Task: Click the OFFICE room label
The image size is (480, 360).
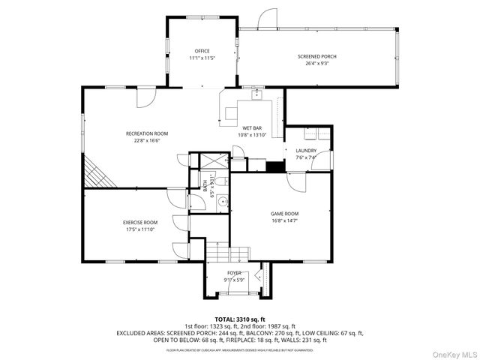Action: (x=202, y=51)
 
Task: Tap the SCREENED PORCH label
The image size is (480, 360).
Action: (x=317, y=56)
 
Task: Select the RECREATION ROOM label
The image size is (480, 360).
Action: (x=147, y=133)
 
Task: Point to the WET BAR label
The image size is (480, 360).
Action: (x=251, y=128)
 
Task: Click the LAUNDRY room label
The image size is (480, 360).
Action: (x=306, y=151)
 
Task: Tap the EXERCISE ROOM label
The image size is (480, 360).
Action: (x=140, y=223)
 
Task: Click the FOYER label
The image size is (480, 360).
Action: (x=235, y=273)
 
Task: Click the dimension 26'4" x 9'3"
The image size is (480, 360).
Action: (x=317, y=64)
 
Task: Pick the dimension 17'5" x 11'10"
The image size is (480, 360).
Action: (x=140, y=229)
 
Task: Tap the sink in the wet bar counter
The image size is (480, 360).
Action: (x=256, y=95)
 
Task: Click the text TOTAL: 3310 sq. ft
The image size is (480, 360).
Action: (x=240, y=319)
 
